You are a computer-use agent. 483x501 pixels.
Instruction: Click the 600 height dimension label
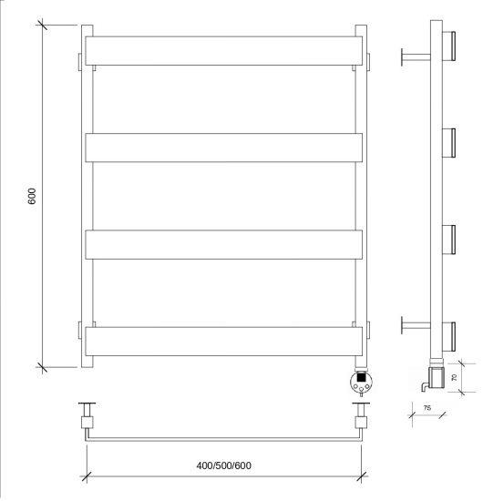pyautogui.click(x=32, y=196)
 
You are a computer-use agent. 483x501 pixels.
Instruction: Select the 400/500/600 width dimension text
pyautogui.click(x=224, y=465)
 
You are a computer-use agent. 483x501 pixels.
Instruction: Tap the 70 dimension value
pyautogui.click(x=454, y=377)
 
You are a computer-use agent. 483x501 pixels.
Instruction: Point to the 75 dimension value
pyautogui.click(x=427, y=408)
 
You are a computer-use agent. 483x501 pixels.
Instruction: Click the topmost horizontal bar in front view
pyautogui.click(x=224, y=51)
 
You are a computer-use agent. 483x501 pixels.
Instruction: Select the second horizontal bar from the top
pyautogui.click(x=224, y=148)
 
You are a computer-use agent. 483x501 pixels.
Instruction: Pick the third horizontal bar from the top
pyautogui.click(x=224, y=245)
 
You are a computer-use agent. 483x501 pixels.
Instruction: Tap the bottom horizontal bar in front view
pyautogui.click(x=224, y=342)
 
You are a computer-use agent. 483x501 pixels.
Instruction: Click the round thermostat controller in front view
pyautogui.click(x=362, y=382)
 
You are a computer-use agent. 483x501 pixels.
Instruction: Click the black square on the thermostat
pyautogui.click(x=361, y=377)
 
